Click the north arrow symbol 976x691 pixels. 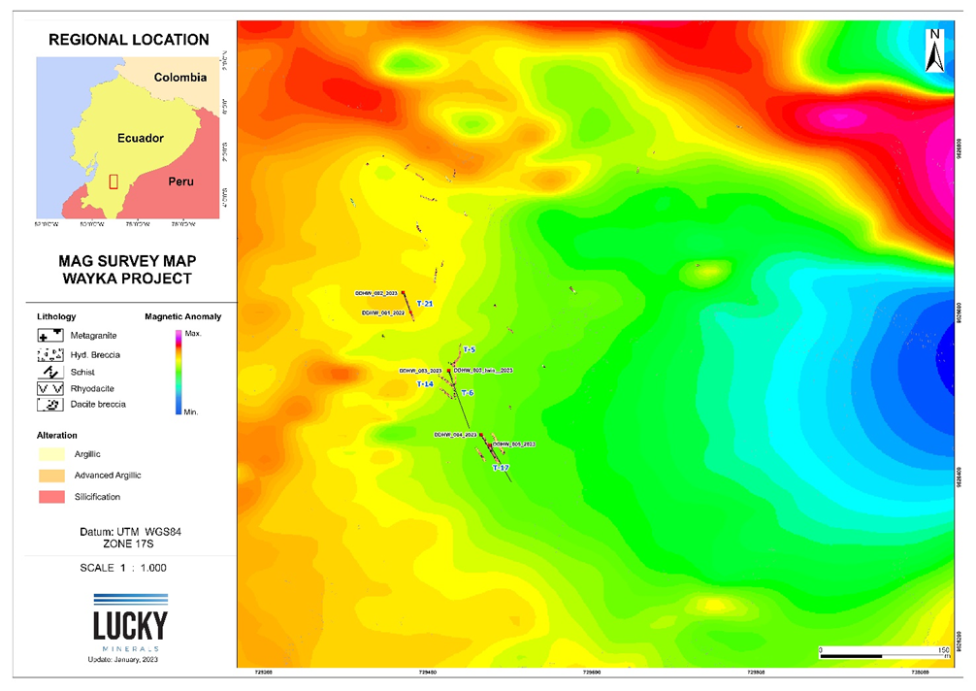(932, 50)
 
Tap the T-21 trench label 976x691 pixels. (424, 305)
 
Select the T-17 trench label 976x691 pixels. (501, 468)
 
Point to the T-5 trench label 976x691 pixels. (469, 349)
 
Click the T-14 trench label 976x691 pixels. (425, 384)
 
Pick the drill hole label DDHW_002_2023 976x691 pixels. (376, 292)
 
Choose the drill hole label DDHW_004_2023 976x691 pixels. (456, 434)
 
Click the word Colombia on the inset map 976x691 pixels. (181, 78)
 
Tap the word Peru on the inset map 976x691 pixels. (180, 181)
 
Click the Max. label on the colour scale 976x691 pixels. (192, 334)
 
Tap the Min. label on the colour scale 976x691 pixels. (191, 412)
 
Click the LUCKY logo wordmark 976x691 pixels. (130, 625)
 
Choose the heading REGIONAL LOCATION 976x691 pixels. (129, 40)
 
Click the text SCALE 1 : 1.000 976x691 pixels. (129, 566)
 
